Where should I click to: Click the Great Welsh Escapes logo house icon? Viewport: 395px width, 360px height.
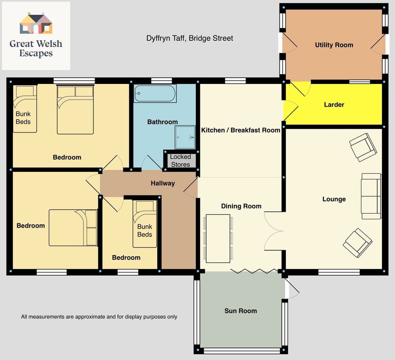click(36, 23)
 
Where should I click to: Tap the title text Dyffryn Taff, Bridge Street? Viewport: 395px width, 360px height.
click(190, 38)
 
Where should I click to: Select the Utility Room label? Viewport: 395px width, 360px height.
click(334, 45)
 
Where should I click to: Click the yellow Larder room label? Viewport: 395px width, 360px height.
click(334, 105)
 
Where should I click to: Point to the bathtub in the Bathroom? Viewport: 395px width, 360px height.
click(155, 94)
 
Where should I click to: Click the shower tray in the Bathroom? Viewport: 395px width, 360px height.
click(185, 137)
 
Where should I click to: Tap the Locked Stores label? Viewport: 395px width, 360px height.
click(180, 160)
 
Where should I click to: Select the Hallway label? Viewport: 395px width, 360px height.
click(163, 183)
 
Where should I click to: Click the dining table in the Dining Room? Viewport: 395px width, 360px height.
click(218, 238)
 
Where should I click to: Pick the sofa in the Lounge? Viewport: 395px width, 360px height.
click(371, 196)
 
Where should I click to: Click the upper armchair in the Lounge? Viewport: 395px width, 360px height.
click(363, 147)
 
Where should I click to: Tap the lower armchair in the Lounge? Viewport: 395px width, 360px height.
click(358, 242)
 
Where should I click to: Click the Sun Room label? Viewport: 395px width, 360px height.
click(241, 311)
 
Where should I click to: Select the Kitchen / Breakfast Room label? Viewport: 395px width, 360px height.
click(241, 130)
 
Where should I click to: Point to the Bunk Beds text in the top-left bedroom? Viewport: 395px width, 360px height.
click(23, 118)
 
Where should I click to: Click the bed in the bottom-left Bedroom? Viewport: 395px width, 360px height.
click(73, 228)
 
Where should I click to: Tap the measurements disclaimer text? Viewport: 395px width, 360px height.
click(99, 317)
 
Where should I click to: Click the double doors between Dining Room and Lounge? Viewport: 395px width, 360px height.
click(273, 231)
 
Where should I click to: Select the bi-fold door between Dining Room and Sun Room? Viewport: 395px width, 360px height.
click(254, 271)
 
